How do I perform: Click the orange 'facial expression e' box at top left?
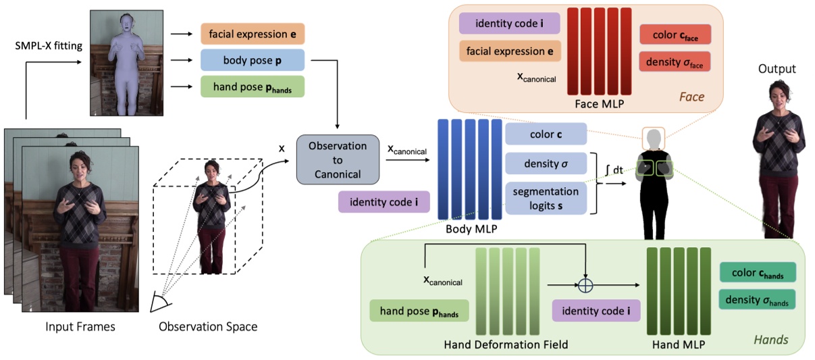[253, 33]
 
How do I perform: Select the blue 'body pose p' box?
[253, 60]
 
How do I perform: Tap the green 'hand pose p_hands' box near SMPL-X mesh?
[253, 86]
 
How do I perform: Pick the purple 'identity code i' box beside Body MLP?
[384, 202]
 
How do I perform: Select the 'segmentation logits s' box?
[546, 198]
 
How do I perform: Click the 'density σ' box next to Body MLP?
[546, 163]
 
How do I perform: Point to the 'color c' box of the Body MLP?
[546, 134]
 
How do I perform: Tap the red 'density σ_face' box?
[675, 61]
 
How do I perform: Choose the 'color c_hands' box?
[758, 272]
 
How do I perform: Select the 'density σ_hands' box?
[758, 299]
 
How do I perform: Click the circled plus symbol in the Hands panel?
[585, 285]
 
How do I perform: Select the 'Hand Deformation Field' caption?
[506, 344]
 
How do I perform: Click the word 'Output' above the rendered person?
[777, 69]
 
